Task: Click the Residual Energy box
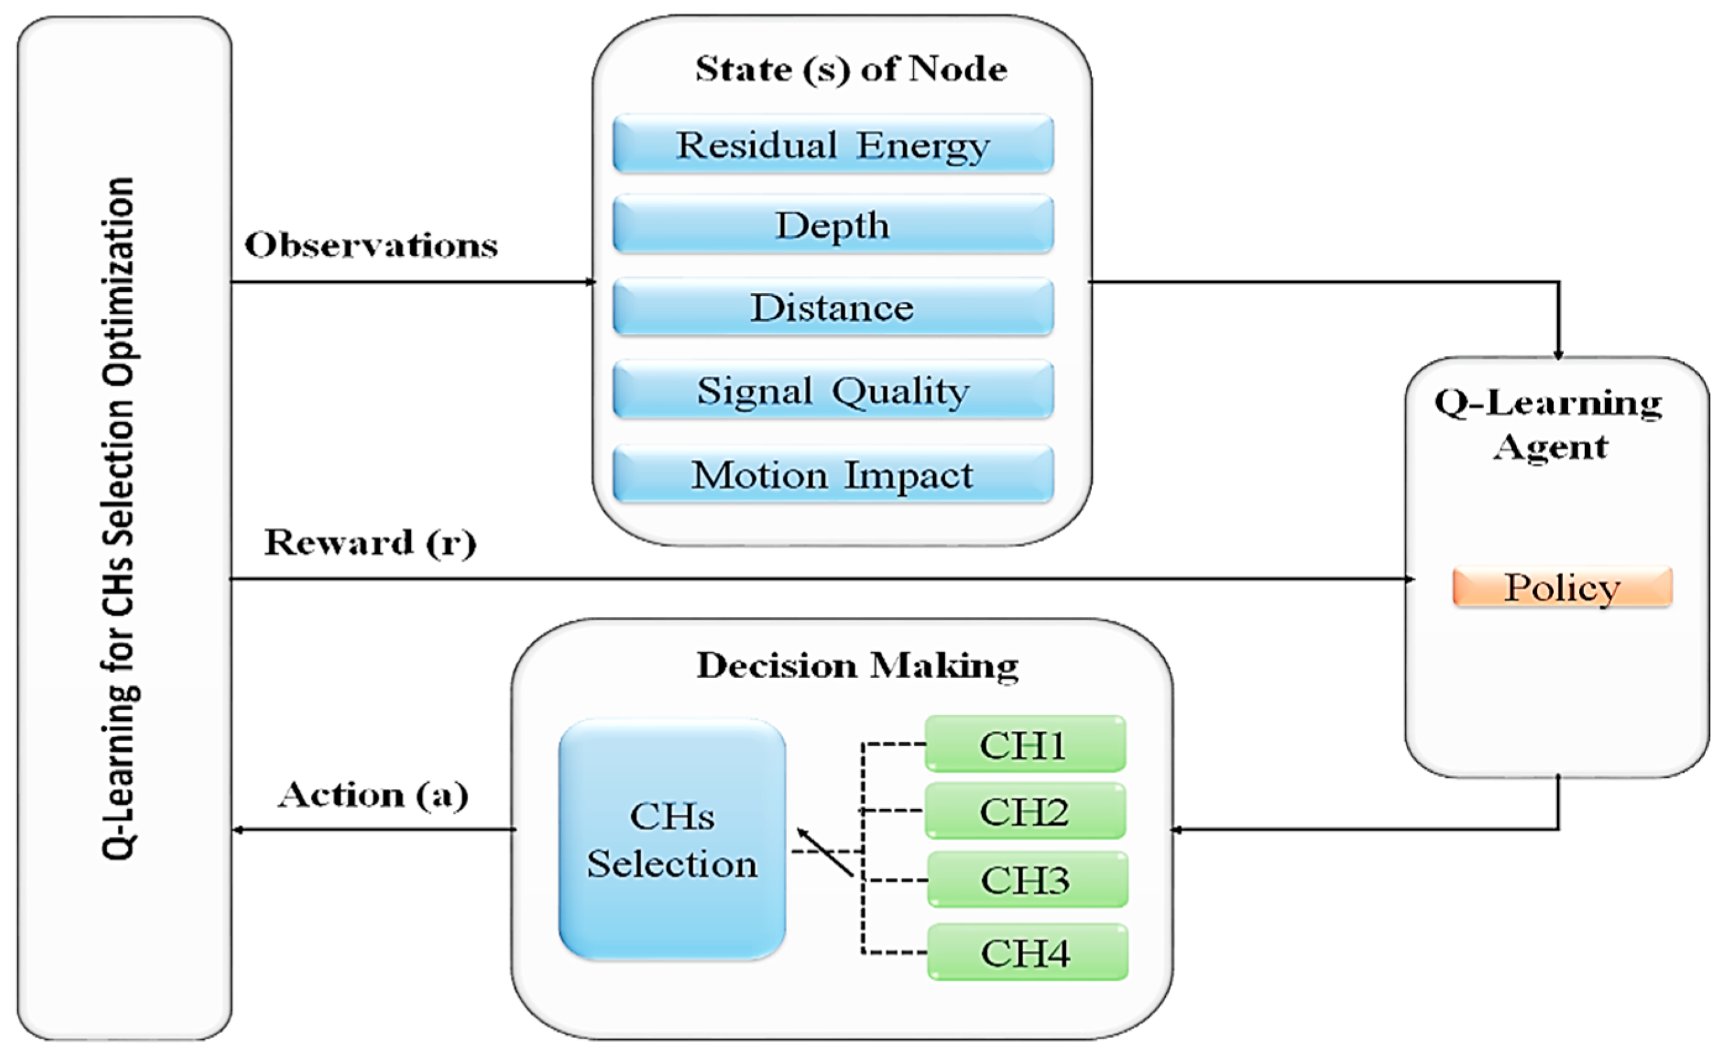(832, 144)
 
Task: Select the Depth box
(832, 225)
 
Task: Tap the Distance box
(832, 307)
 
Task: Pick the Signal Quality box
(832, 390)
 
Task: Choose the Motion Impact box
(832, 475)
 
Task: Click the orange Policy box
(1562, 587)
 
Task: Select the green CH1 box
(1024, 745)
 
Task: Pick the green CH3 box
(1027, 879)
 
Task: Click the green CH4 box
(1027, 952)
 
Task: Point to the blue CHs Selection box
(671, 839)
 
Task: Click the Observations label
(371, 245)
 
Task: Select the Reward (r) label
(370, 543)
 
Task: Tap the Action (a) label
(372, 795)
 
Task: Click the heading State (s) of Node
(851, 69)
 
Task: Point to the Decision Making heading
(857, 665)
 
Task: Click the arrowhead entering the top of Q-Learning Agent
(1558, 354)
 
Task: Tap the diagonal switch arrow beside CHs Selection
(825, 852)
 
